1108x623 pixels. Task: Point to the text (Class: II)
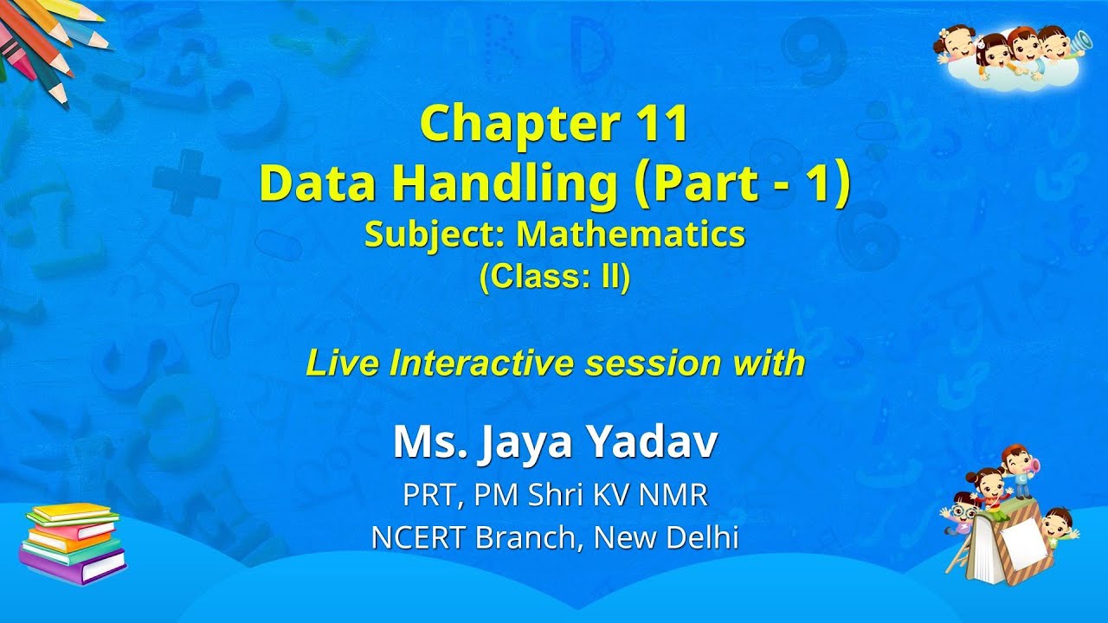(x=554, y=279)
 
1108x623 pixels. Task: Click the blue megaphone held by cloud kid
(x=1079, y=41)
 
